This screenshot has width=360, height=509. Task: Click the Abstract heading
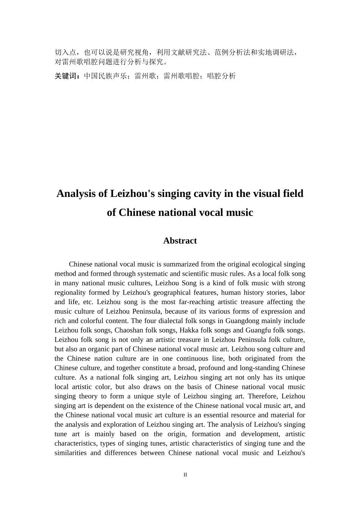tap(180, 241)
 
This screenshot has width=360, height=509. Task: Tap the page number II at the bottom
tap(185, 475)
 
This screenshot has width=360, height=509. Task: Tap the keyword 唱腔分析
tap(221, 76)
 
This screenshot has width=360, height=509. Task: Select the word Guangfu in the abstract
tap(257, 330)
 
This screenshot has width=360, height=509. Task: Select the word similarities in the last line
tap(70, 453)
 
